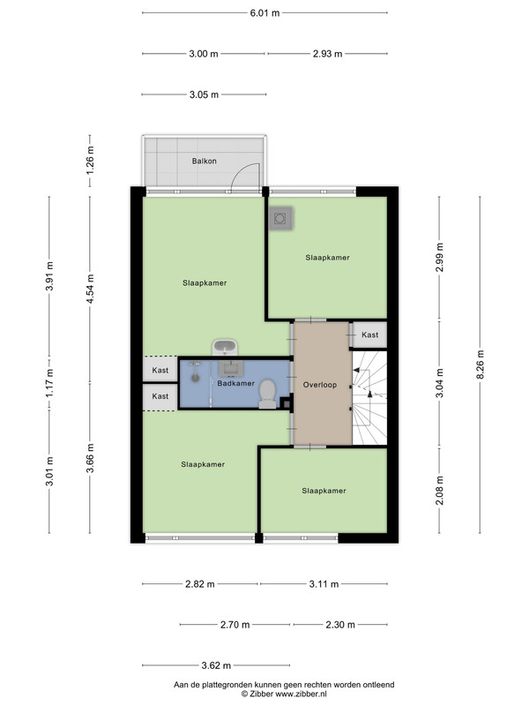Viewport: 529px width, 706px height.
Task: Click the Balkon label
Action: point(205,161)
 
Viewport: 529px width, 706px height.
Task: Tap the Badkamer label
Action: point(235,383)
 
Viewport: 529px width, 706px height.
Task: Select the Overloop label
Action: point(320,385)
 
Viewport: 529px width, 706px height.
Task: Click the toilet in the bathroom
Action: point(268,394)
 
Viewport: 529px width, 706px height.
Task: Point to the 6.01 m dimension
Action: point(265,13)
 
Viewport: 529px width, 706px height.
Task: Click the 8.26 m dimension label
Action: point(480,364)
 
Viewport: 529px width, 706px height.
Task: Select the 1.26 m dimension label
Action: point(90,161)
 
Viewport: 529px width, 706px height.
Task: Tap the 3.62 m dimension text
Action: point(216,665)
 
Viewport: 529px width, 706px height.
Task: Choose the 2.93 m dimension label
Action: point(327,54)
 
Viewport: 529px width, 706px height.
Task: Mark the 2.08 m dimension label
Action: point(439,491)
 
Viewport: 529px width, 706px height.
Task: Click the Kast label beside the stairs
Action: point(369,334)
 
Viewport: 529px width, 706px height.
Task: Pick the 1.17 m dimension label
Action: point(49,383)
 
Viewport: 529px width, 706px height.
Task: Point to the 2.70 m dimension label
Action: point(235,625)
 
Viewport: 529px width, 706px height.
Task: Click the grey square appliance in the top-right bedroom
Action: point(280,219)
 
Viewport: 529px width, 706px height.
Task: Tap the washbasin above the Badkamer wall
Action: point(225,348)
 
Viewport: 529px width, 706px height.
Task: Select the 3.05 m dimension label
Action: point(204,94)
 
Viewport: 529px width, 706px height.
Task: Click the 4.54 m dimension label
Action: point(90,289)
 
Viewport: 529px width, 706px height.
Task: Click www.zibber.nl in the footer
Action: point(301,694)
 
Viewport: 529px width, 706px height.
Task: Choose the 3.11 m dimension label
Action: point(324,584)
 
